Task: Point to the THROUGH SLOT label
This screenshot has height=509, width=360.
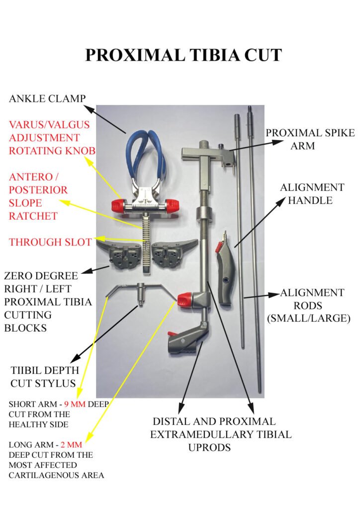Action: coord(50,242)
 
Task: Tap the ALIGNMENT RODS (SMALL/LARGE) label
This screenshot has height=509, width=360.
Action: coord(312,305)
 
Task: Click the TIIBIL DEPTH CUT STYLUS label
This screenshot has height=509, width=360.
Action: coord(44,377)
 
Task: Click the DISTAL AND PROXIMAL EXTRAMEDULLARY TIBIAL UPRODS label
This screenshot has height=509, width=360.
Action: coord(221,434)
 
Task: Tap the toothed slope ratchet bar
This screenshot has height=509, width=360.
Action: coord(147,239)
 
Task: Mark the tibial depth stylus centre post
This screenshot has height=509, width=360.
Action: coord(141,296)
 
